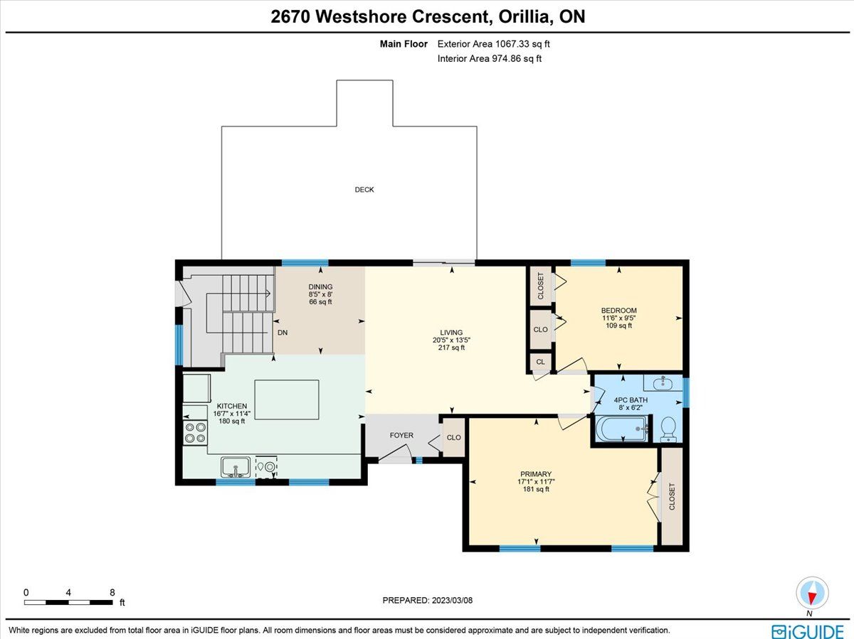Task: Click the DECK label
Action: (x=364, y=190)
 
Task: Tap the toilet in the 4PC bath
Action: (x=668, y=429)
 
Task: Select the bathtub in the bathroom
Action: (x=622, y=429)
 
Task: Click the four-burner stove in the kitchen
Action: (x=195, y=433)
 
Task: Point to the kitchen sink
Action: (x=236, y=467)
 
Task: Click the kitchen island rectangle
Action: (x=287, y=399)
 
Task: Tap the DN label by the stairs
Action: (x=283, y=333)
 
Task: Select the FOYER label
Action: (x=401, y=436)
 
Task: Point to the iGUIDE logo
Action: (x=808, y=631)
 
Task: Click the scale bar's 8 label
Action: (x=112, y=592)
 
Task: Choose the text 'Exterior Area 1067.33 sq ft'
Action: (x=493, y=44)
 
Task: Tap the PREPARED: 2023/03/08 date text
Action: (x=427, y=600)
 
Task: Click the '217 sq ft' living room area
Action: (x=451, y=348)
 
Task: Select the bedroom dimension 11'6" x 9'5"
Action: (x=618, y=318)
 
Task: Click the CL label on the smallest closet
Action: (x=540, y=362)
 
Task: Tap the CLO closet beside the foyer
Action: (x=453, y=437)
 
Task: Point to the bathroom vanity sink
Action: (x=663, y=382)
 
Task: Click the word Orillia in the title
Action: (x=526, y=16)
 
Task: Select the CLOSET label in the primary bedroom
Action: (x=672, y=496)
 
